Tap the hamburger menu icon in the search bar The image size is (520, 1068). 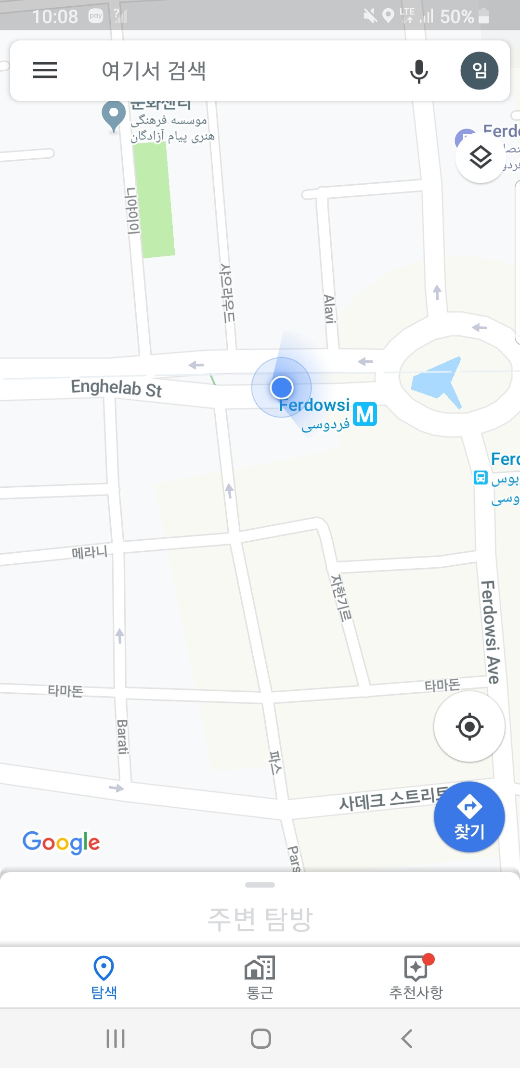45,70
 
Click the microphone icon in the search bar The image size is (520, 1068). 419,71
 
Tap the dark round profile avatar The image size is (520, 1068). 479,71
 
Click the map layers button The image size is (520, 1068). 480,157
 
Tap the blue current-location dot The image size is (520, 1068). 282,387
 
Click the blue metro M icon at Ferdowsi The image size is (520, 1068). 365,414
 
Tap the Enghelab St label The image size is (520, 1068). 116,388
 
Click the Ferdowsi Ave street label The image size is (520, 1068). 490,632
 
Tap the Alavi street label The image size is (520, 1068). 329,309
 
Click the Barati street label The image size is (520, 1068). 122,737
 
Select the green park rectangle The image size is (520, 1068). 154,200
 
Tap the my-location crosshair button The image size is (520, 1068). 469,726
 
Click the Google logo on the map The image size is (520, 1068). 61,842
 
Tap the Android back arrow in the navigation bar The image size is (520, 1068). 407,1039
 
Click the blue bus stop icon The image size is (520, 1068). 481,477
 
